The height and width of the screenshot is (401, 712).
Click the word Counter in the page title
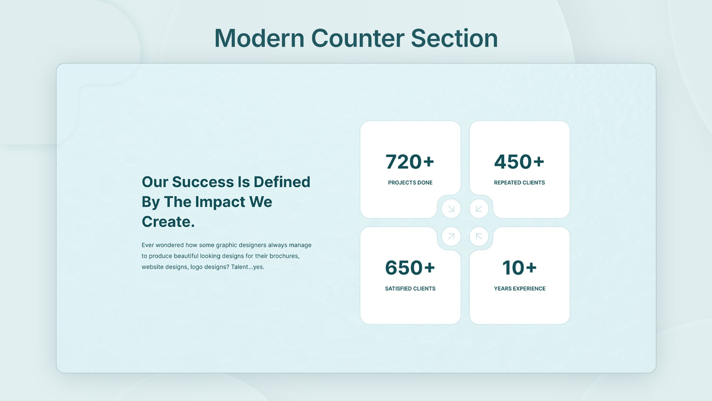point(357,38)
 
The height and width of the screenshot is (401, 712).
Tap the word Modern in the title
point(259,38)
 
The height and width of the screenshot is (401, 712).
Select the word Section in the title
point(454,38)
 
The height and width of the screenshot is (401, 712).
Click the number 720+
point(410,162)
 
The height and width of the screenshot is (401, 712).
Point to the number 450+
point(519,162)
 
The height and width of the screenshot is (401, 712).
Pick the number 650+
point(410,268)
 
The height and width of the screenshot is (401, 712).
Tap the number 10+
point(520,268)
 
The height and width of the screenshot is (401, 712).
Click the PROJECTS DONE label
point(410,183)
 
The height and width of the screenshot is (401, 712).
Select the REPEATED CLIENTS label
point(519,183)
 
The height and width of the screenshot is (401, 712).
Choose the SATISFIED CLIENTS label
point(410,288)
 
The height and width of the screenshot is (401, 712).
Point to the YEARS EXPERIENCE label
point(520,288)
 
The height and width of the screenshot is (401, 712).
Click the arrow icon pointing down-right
point(451,209)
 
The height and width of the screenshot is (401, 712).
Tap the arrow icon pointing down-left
point(479,209)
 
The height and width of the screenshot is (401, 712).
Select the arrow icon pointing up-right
point(451,237)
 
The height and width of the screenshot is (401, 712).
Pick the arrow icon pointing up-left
point(479,237)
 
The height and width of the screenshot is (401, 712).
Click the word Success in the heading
point(203,182)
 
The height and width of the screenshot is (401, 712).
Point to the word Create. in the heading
point(168,222)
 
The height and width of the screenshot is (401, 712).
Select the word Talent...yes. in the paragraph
point(248,267)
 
